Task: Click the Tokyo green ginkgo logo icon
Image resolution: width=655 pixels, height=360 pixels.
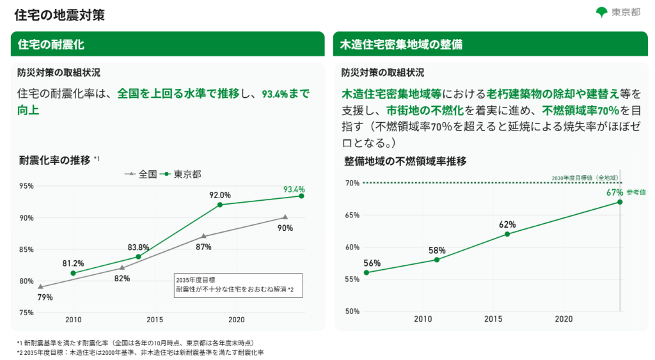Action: (x=601, y=13)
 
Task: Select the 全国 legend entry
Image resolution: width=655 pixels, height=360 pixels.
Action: (x=141, y=174)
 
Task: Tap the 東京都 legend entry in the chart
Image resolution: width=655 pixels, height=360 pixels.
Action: (x=181, y=174)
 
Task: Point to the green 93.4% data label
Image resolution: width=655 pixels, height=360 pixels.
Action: (x=294, y=190)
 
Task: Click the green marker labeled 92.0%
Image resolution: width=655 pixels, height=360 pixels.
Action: (x=220, y=205)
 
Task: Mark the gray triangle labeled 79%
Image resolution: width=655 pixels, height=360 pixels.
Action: (x=40, y=287)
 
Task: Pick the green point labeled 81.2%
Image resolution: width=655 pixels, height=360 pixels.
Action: (x=73, y=273)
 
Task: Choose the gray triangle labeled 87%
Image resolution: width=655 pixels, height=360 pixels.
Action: (x=204, y=237)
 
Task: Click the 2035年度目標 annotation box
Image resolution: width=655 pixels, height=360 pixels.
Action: (x=238, y=285)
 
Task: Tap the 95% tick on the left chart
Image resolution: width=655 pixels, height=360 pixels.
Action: (x=26, y=186)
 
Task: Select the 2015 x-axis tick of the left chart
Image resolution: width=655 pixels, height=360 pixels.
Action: (x=155, y=320)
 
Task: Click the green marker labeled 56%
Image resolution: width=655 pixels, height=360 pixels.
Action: (x=367, y=272)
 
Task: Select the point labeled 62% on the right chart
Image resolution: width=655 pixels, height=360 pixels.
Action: (x=507, y=234)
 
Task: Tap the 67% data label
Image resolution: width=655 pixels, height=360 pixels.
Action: (x=615, y=192)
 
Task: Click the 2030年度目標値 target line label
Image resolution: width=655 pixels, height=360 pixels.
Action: (x=585, y=178)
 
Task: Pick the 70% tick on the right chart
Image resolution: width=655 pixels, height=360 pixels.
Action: (x=352, y=183)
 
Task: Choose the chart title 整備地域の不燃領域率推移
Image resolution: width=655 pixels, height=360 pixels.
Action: (x=405, y=161)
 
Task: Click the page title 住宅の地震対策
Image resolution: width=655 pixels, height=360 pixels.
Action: (x=59, y=15)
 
